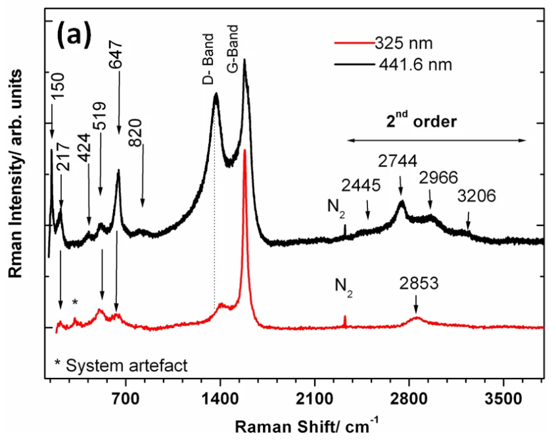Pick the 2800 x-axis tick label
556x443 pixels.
coord(409,399)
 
